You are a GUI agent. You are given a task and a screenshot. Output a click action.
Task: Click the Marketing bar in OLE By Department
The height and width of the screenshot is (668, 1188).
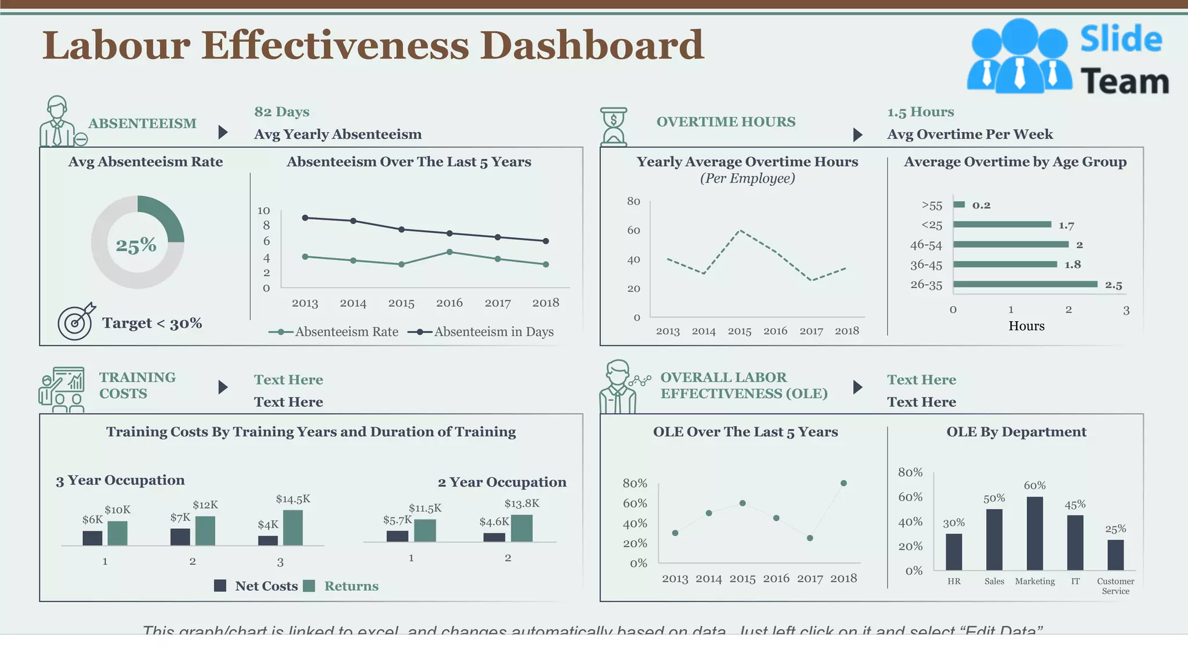pyautogui.click(x=1034, y=533)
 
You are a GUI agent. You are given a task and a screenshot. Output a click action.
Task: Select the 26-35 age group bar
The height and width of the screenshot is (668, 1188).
pyautogui.click(x=1025, y=284)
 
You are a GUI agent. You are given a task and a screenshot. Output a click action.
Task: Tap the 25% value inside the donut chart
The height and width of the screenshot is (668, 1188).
pyautogui.click(x=136, y=245)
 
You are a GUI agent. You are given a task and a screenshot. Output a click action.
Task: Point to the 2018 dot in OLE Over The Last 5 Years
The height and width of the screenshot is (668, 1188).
pyautogui.click(x=843, y=483)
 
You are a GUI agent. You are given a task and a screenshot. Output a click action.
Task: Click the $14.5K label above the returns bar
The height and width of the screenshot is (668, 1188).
pyautogui.click(x=293, y=499)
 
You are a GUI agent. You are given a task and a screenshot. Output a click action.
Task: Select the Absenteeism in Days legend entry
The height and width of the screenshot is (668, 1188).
pyautogui.click(x=481, y=332)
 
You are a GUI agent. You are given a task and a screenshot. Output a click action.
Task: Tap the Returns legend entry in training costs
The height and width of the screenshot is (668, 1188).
pyautogui.click(x=350, y=586)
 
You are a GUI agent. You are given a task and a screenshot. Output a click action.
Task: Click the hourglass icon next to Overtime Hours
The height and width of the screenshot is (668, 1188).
pyautogui.click(x=614, y=126)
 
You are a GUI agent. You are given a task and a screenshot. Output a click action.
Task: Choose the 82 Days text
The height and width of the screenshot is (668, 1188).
pyautogui.click(x=281, y=111)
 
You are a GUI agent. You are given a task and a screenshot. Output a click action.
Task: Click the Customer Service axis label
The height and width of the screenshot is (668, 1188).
pyautogui.click(x=1115, y=586)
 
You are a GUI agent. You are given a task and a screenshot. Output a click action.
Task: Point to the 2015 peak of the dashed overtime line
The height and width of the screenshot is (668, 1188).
pyautogui.click(x=740, y=231)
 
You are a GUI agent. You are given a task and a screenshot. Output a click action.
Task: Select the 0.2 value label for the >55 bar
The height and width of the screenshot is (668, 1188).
pyautogui.click(x=981, y=205)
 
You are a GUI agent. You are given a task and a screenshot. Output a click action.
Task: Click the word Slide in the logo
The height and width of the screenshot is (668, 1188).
pyautogui.click(x=1121, y=39)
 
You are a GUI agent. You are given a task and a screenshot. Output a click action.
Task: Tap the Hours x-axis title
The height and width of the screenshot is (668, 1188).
pyautogui.click(x=1026, y=326)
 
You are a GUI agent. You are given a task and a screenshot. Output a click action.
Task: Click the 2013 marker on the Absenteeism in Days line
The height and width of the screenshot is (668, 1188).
pyautogui.click(x=305, y=218)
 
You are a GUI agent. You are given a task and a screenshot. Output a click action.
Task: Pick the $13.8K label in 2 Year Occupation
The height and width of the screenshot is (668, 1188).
pyautogui.click(x=521, y=503)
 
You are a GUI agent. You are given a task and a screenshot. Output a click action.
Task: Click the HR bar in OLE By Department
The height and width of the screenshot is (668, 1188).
pyautogui.click(x=954, y=552)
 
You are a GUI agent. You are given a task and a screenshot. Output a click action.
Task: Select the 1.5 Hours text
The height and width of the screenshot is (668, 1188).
pyautogui.click(x=920, y=111)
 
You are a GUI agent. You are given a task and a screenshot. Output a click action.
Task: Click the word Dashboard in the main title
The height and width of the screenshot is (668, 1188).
pyautogui.click(x=592, y=45)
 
